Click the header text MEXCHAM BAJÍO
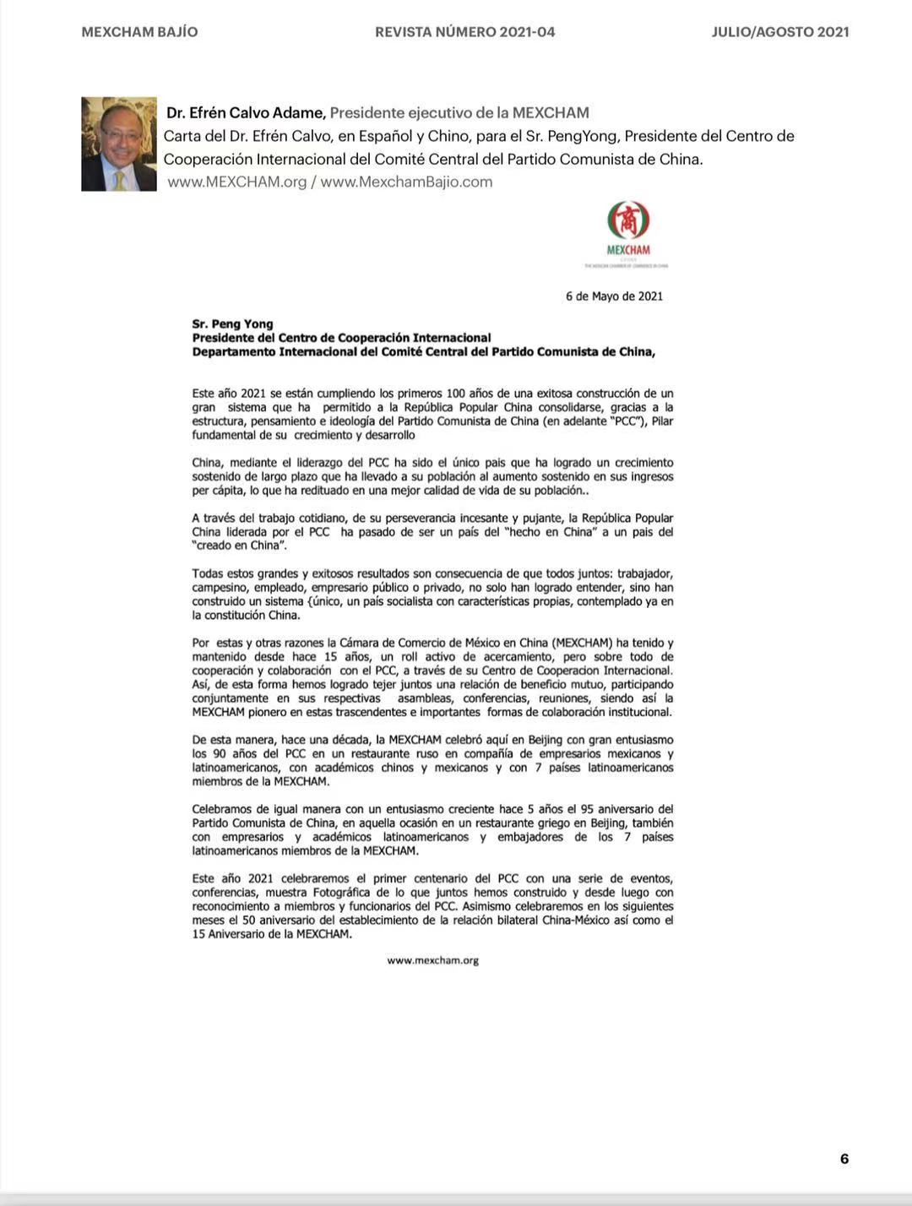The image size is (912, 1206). (139, 32)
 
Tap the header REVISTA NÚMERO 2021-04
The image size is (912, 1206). (464, 32)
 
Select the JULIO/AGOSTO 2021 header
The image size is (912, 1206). (779, 32)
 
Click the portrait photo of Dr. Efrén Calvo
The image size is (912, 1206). (119, 144)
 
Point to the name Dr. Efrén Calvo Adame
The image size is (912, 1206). (246, 112)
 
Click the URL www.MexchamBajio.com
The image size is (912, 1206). (406, 182)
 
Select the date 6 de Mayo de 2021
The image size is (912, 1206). (614, 296)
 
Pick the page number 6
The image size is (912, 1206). (844, 1159)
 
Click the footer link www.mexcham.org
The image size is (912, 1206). (433, 960)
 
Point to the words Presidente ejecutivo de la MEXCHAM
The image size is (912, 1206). (459, 112)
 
